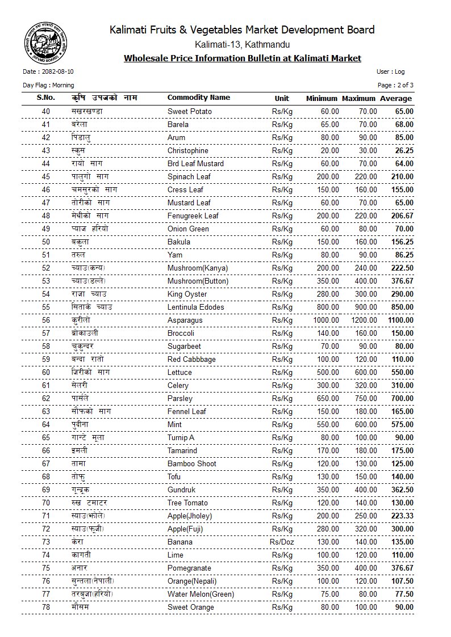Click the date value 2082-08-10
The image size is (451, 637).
tap(57, 72)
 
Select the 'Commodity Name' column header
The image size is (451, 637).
tap(198, 98)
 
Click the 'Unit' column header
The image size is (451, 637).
tap(282, 98)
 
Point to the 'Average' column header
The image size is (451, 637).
tap(396, 98)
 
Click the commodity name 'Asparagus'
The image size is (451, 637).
tap(185, 320)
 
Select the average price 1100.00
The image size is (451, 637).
tap(400, 320)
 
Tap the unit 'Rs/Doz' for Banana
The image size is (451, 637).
tap(282, 542)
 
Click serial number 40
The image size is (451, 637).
tap(46, 112)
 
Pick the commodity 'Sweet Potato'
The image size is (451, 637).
tap(189, 112)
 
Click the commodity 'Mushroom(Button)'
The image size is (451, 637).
tap(198, 281)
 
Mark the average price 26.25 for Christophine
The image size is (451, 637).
tap(404, 151)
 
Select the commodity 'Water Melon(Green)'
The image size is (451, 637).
tap(201, 594)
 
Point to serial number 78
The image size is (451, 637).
tap(46, 608)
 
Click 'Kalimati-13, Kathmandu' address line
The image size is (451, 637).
tap(242, 44)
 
